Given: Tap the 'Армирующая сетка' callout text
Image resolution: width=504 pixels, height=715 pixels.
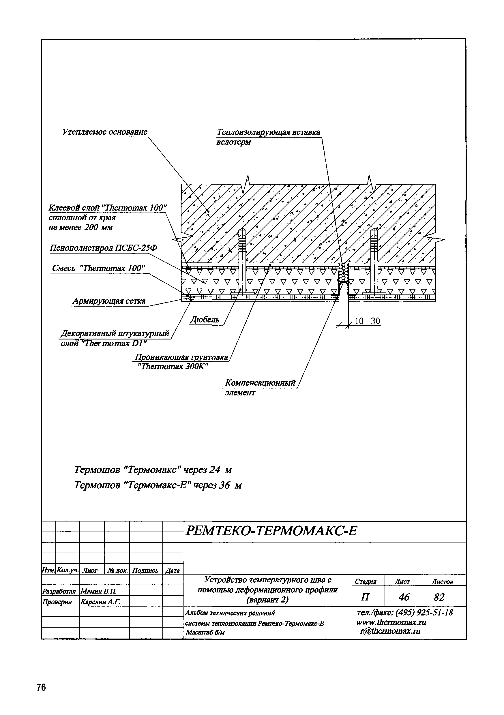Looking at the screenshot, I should coord(109,301).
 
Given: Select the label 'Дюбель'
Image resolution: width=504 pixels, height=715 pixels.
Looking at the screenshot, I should coord(205,320).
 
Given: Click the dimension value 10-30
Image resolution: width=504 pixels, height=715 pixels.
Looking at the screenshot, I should coord(367,321).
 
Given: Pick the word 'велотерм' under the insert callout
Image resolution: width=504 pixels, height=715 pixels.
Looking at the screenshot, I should coord(233,142).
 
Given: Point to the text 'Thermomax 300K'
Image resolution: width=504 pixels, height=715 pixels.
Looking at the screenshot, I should coord(173,367).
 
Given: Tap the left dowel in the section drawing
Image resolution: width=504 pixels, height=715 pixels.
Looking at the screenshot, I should coord(242,262).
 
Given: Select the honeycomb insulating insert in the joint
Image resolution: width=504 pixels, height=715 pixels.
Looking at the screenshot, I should coord(344,273).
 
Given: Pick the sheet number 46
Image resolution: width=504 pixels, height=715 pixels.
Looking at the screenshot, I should coord(404,597).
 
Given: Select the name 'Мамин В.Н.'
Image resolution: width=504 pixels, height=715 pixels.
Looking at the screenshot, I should coord(98,591).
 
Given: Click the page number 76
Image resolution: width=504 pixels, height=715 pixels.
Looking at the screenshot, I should coord(41,679).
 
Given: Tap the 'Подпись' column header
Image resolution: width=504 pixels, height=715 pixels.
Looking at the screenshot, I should coord(145,571).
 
